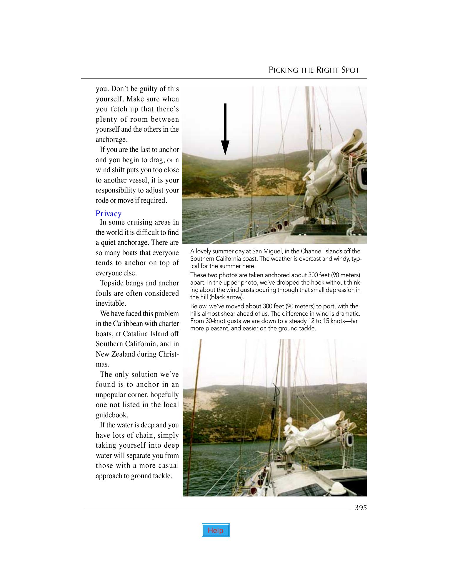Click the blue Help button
[216, 530]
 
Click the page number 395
[361, 508]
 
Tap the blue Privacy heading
[109, 214]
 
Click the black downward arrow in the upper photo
[225, 129]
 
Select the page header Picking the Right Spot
[314, 70]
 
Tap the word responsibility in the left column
[115, 190]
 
